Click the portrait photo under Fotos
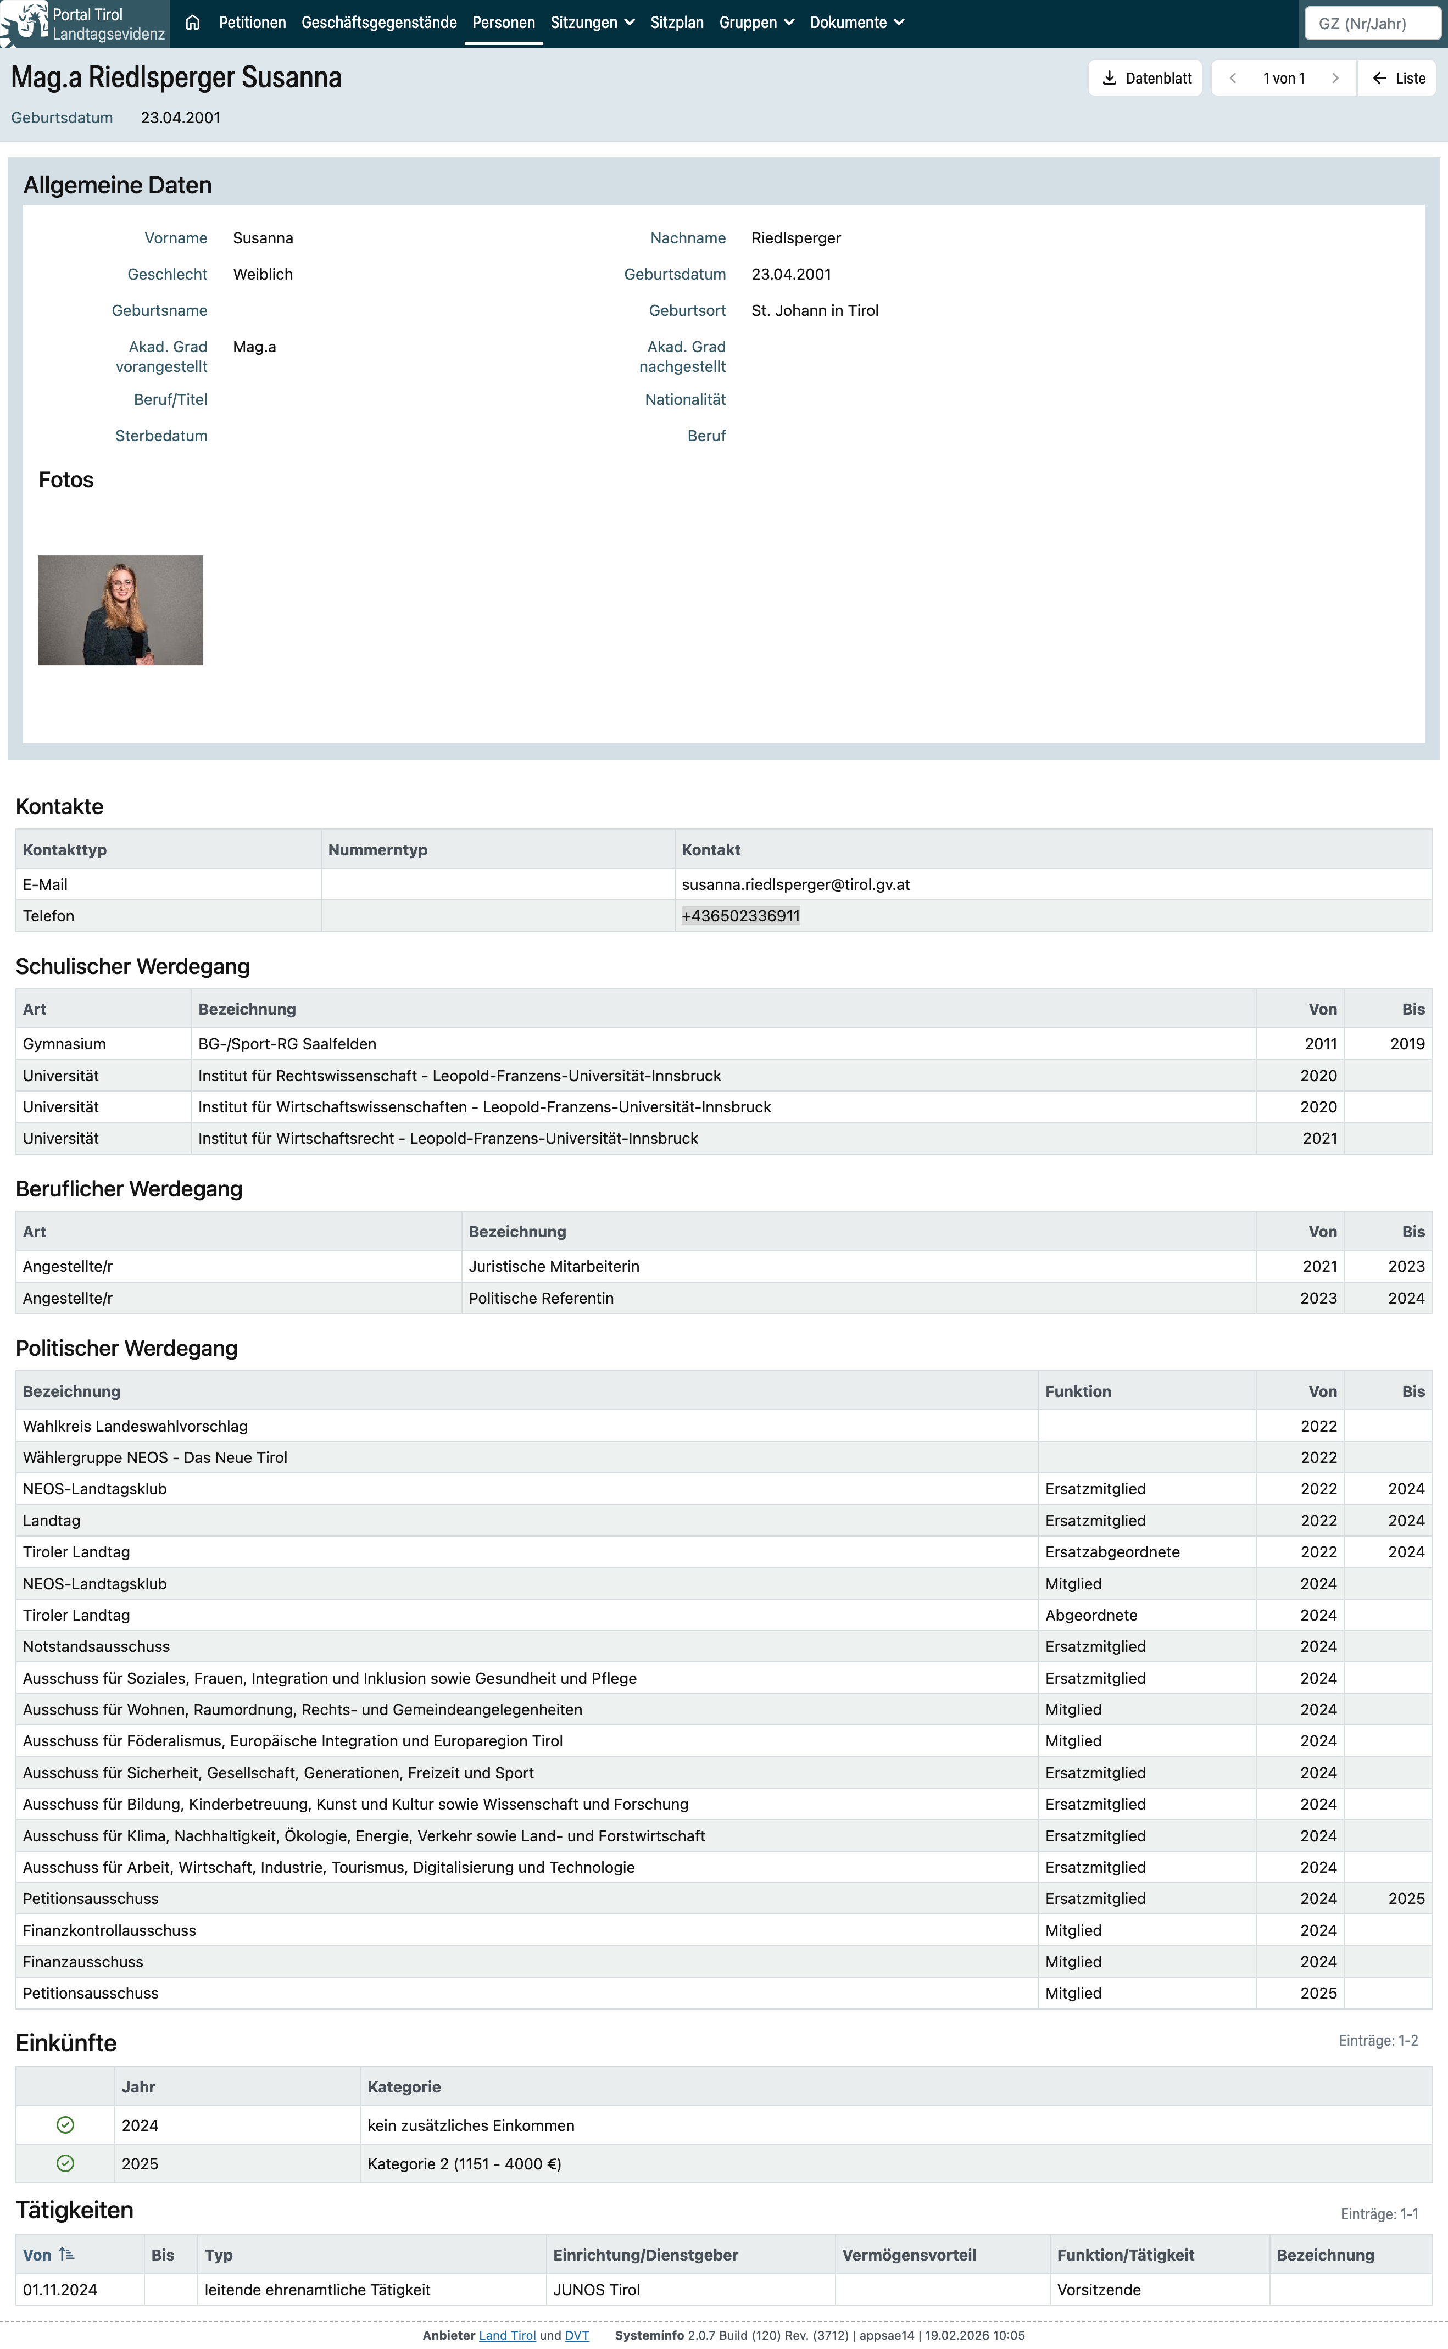coord(121,610)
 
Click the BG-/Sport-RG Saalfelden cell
coord(287,1044)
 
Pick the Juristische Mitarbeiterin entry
coord(554,1266)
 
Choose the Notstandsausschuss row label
coord(96,1646)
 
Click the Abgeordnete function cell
coord(1091,1615)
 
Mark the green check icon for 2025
coord(65,2163)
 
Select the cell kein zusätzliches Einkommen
coord(470,2125)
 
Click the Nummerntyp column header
coord(377,849)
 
